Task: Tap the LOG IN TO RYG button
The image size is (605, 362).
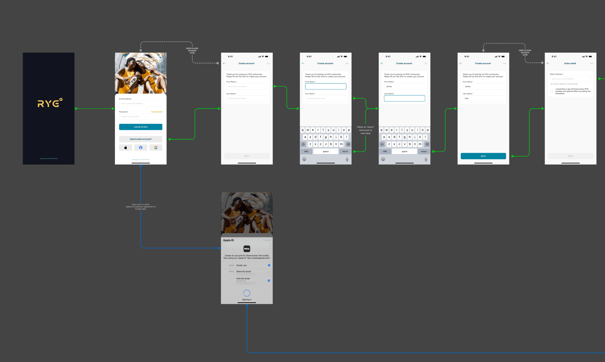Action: [141, 127]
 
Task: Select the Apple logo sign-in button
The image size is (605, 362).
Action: [126, 148]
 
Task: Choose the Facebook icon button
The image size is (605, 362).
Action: [141, 148]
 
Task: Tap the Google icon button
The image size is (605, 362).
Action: [156, 148]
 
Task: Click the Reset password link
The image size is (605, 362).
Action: [157, 112]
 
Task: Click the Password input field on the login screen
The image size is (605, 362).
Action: [141, 117]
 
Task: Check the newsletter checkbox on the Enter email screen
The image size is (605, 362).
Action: [552, 91]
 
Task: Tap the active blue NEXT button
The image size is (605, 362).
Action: [483, 156]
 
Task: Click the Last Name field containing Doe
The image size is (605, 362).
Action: [483, 99]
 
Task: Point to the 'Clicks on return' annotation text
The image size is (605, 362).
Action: [365, 130]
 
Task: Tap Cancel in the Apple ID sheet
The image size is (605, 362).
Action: [267, 240]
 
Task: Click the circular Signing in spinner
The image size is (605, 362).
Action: [247, 293]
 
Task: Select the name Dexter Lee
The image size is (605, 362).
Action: [242, 266]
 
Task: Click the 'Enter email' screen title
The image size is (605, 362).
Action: [570, 63]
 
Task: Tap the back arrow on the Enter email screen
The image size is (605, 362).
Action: [548, 63]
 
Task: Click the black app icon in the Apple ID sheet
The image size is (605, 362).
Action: [247, 249]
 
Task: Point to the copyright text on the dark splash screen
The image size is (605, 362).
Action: [49, 159]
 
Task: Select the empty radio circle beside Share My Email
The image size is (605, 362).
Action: [269, 272]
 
